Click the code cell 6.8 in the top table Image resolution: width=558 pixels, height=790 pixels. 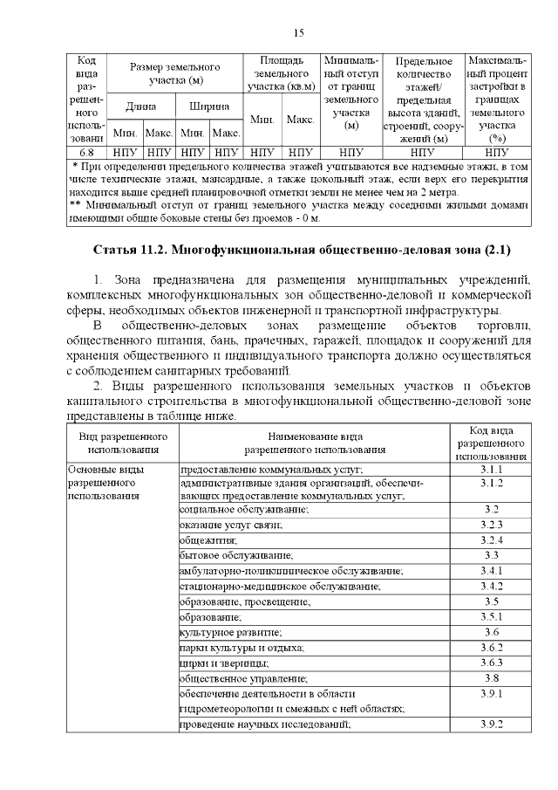86,152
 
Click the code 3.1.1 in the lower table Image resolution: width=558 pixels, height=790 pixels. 491,470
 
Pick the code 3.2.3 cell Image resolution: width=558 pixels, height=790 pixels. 491,524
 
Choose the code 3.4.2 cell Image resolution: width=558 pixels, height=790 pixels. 491,586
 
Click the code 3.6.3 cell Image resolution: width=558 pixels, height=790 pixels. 491,663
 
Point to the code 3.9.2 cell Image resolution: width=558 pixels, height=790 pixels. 491,725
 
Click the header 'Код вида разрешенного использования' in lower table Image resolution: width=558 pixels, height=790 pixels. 491,443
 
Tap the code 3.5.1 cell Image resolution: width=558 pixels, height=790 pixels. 491,616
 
